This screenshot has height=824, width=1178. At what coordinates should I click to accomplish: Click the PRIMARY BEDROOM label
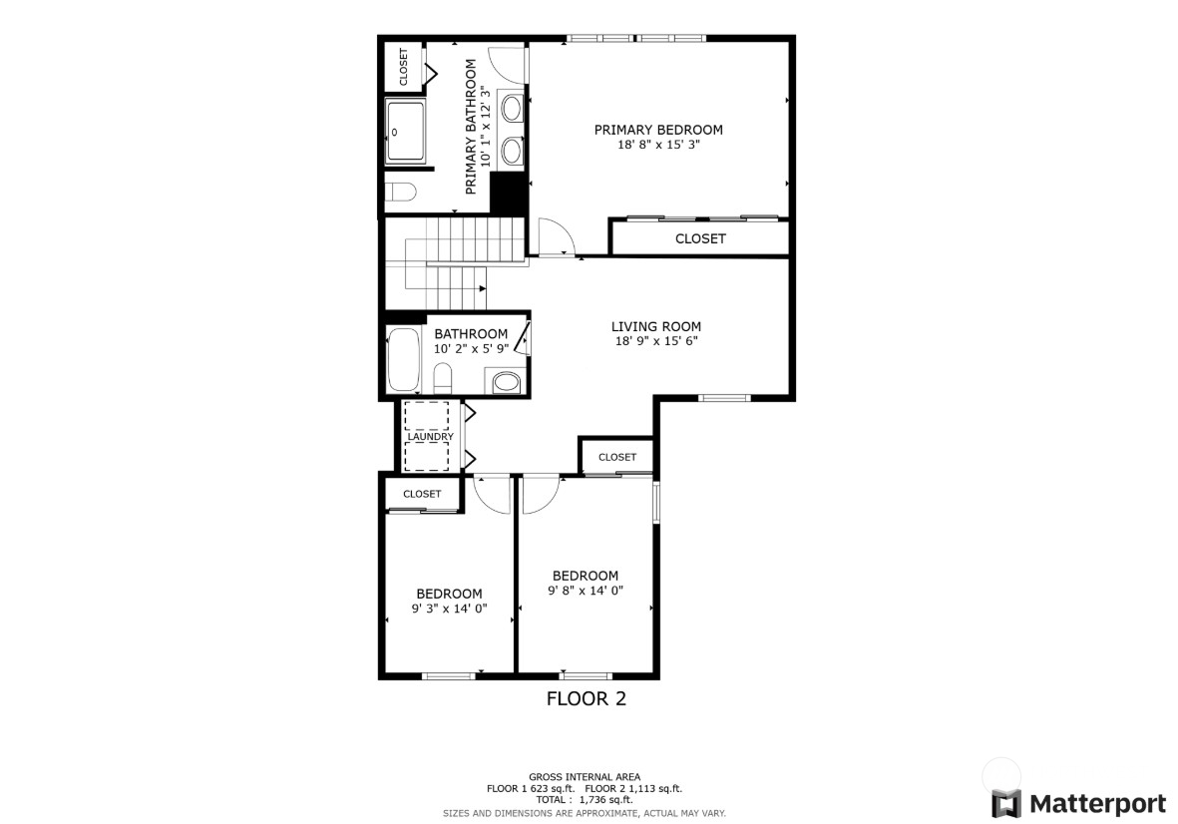(658, 130)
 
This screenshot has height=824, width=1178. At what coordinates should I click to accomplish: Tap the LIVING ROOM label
(655, 326)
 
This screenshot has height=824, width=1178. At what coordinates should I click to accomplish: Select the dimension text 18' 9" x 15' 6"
(655, 341)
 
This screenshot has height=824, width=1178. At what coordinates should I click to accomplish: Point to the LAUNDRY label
(430, 437)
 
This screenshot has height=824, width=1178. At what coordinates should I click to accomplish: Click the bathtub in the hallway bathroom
(404, 359)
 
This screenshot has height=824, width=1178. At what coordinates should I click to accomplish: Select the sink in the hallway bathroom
(506, 381)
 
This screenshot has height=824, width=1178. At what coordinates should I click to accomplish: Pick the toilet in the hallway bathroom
(444, 377)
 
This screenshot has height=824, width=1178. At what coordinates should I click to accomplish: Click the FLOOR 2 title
(587, 699)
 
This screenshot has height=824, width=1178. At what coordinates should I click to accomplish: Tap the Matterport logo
(1078, 803)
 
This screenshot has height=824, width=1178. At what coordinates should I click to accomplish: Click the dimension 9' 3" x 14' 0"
(449, 609)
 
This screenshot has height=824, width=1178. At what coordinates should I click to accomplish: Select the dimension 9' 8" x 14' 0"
(586, 591)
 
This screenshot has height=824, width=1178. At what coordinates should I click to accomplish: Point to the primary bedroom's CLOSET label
(700, 239)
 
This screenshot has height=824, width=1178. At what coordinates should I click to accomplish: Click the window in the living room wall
(724, 398)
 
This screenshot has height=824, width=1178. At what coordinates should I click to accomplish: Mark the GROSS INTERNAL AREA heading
(585, 777)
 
